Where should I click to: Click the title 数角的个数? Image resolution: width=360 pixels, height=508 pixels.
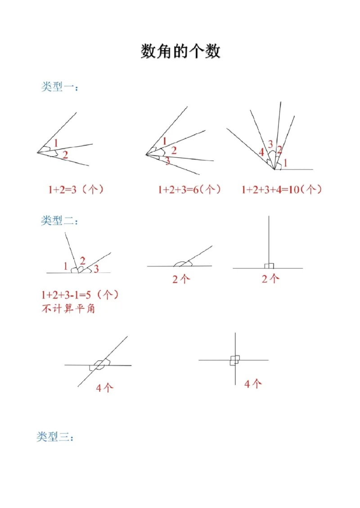pyautogui.click(x=180, y=51)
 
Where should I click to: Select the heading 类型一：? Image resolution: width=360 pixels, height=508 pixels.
pyautogui.click(x=60, y=87)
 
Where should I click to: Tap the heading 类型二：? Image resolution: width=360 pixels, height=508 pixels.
pyautogui.click(x=60, y=221)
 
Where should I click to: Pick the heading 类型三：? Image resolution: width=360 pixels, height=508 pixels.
pyautogui.click(x=55, y=437)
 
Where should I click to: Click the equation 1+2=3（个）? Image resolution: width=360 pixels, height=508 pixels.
pyautogui.click(x=76, y=190)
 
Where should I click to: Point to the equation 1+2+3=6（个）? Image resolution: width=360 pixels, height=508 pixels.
pyautogui.click(x=189, y=190)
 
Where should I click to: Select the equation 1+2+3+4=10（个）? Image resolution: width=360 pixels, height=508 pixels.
pyautogui.click(x=282, y=190)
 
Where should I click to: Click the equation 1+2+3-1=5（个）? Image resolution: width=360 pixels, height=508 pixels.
pyautogui.click(x=80, y=295)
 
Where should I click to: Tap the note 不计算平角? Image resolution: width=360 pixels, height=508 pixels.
pyautogui.click(x=68, y=309)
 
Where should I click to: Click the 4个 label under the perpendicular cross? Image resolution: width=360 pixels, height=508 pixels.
pyautogui.click(x=253, y=383)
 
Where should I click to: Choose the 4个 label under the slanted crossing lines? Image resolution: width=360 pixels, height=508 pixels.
pyautogui.click(x=104, y=388)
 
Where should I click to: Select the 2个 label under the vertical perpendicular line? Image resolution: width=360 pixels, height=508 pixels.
pyautogui.click(x=270, y=279)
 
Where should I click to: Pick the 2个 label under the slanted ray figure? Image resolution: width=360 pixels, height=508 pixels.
pyautogui.click(x=181, y=279)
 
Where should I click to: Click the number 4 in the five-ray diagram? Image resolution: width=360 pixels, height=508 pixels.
pyautogui.click(x=261, y=152)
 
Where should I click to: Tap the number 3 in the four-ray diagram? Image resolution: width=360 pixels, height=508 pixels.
pyautogui.click(x=167, y=161)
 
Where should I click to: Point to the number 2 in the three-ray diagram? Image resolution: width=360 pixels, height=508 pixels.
pyautogui.click(x=65, y=155)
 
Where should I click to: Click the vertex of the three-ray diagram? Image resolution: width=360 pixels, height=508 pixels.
pyautogui.click(x=37, y=153)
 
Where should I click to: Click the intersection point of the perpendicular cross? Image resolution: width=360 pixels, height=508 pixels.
pyautogui.click(x=235, y=360)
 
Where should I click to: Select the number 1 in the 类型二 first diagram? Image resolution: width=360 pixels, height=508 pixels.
pyautogui.click(x=66, y=266)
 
